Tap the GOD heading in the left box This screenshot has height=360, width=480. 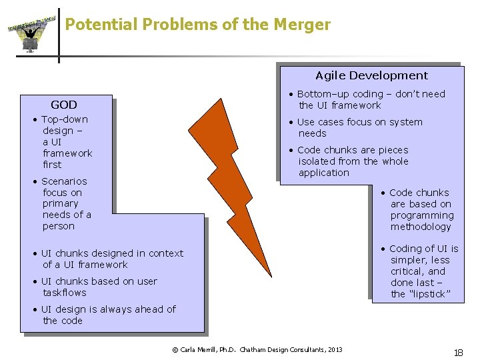point(64,105)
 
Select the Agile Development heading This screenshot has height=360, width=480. point(371,75)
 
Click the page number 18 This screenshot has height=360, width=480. point(458,353)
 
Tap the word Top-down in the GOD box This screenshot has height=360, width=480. point(64,119)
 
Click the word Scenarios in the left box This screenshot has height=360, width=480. point(64,181)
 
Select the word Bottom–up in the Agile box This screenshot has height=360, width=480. point(321,94)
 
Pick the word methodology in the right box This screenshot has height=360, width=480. point(421,227)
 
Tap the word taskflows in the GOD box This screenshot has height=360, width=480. point(65,293)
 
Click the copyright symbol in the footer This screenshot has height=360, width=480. point(175,349)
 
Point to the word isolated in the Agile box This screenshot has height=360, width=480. point(317,161)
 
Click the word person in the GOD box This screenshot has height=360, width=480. point(59,226)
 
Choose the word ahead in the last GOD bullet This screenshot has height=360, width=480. point(151,309)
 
